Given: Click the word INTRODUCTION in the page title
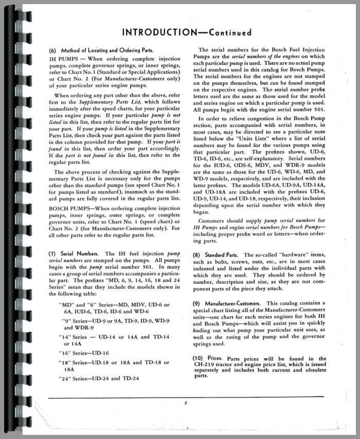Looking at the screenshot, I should (x=156, y=32).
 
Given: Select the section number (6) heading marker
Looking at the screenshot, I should (x=54, y=50).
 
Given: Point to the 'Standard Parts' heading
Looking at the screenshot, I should (x=223, y=255).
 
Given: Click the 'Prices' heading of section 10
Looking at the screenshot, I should (x=217, y=358).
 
